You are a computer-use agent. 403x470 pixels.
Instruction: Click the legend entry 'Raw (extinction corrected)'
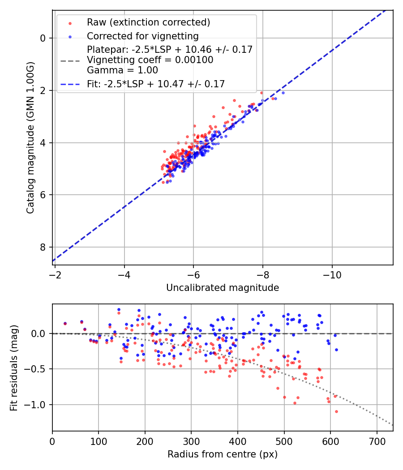tap(148, 22)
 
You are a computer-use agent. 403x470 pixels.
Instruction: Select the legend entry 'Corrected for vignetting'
tap(142, 36)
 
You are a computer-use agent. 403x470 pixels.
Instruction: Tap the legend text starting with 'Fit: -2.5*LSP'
tap(156, 84)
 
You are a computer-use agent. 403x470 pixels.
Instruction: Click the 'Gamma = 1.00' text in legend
tap(122, 70)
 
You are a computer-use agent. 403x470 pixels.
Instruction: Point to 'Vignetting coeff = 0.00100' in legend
tap(150, 60)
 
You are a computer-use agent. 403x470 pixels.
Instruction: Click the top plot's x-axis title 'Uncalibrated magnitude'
tap(223, 288)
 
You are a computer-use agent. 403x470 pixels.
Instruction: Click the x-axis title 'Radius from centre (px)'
tap(223, 454)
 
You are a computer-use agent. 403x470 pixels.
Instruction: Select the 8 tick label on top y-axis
tap(43, 247)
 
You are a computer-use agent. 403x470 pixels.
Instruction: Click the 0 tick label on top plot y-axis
tap(43, 38)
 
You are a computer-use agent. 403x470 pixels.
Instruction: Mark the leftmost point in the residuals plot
tap(65, 323)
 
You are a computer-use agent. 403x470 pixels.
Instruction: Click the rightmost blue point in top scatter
tap(283, 93)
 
